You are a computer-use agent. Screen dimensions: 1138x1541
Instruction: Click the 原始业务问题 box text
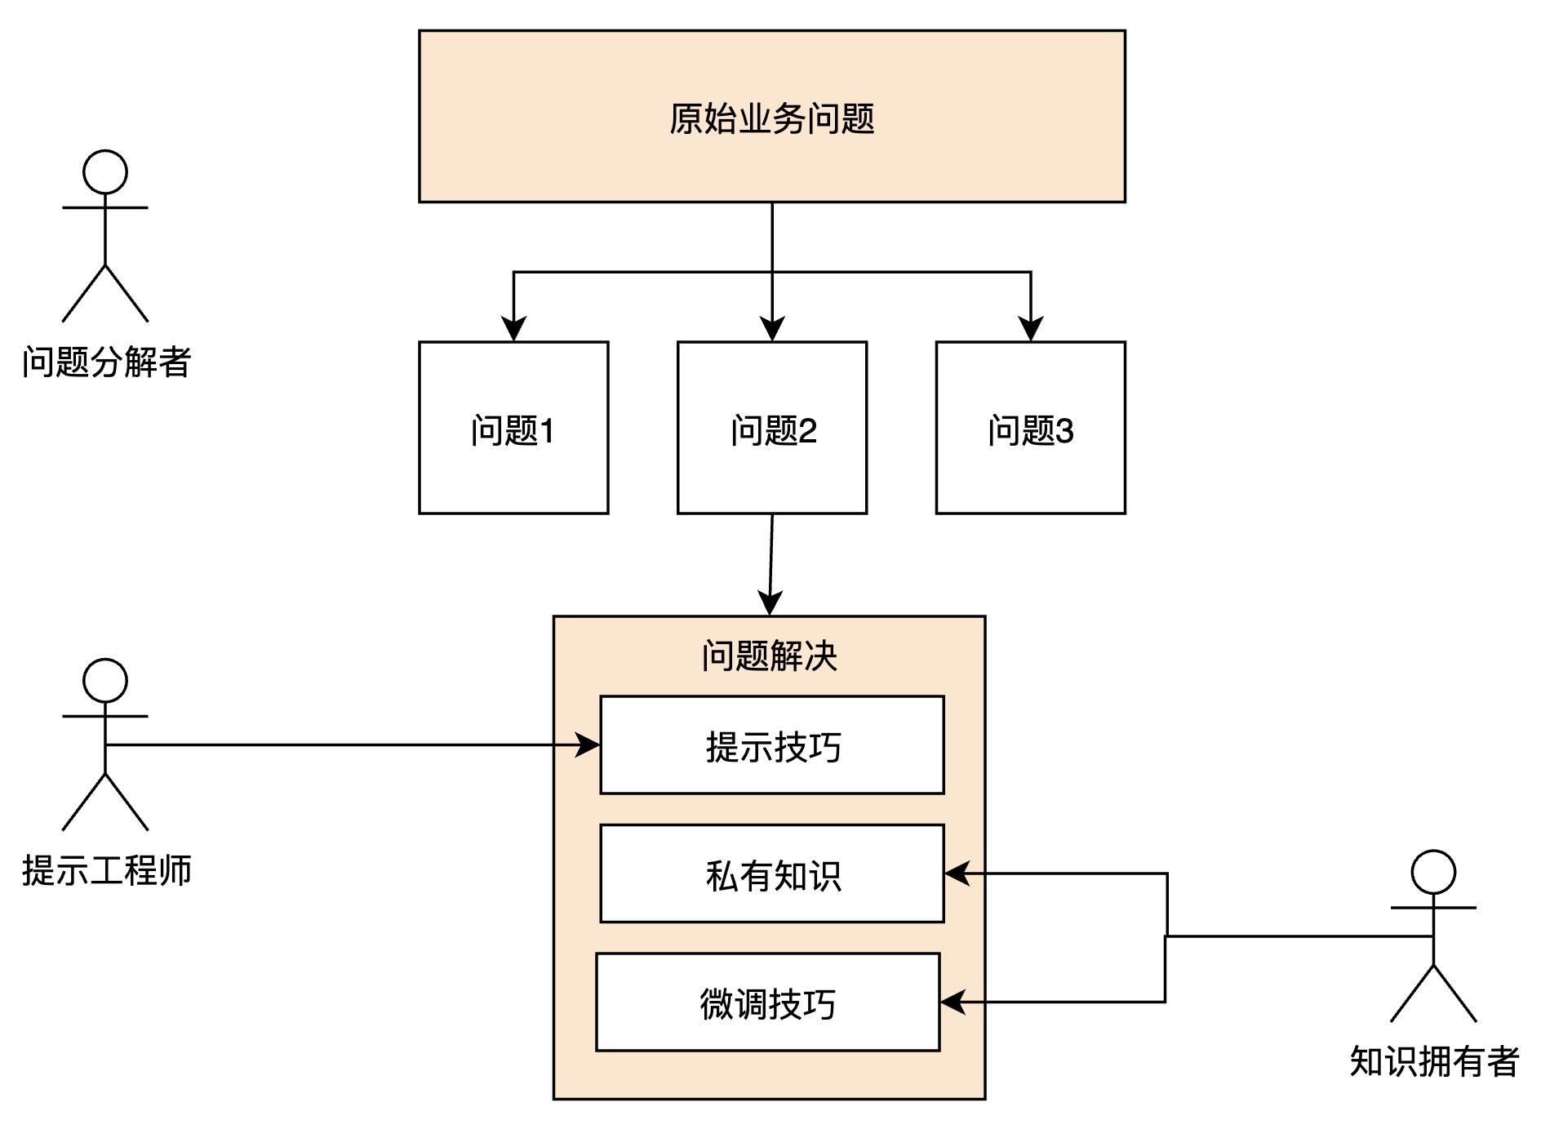pyautogui.click(x=771, y=118)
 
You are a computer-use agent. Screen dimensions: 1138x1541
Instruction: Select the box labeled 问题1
pyautogui.click(x=513, y=429)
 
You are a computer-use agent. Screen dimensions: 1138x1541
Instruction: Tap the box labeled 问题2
pyautogui.click(x=772, y=429)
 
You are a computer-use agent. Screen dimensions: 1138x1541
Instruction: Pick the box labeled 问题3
pyautogui.click(x=1030, y=429)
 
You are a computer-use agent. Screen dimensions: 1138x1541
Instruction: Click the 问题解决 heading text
pyautogui.click(x=770, y=656)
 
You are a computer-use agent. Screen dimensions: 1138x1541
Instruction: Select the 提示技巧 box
pyautogui.click(x=772, y=745)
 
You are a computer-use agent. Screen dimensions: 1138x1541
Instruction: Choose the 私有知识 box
pyautogui.click(x=772, y=874)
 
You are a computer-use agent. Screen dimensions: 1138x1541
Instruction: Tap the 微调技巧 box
pyautogui.click(x=768, y=1002)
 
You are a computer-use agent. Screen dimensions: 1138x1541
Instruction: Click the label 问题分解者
pyautogui.click(x=106, y=362)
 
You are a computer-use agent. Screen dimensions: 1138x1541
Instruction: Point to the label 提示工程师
pyautogui.click(x=106, y=870)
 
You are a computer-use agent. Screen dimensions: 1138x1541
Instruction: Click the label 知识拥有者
pyautogui.click(x=1434, y=1061)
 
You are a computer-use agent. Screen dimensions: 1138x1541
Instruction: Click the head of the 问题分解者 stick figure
pyautogui.click(x=105, y=172)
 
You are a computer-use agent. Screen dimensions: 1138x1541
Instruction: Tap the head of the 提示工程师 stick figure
pyautogui.click(x=105, y=681)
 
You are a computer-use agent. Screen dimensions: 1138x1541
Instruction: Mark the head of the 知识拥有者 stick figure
pyautogui.click(x=1433, y=872)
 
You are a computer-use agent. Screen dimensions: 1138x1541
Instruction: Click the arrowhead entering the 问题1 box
pyautogui.click(x=513, y=330)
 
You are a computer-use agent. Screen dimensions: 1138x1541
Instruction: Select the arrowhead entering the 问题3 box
pyautogui.click(x=1031, y=330)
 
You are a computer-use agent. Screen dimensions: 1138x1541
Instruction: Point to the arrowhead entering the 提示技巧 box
pyautogui.click(x=588, y=745)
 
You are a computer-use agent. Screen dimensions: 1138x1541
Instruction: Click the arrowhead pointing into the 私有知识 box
pyautogui.click(x=957, y=874)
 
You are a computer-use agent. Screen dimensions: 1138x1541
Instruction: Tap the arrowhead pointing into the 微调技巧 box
pyautogui.click(x=953, y=1002)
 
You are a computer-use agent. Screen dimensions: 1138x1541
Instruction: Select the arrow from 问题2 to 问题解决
pyautogui.click(x=771, y=563)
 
